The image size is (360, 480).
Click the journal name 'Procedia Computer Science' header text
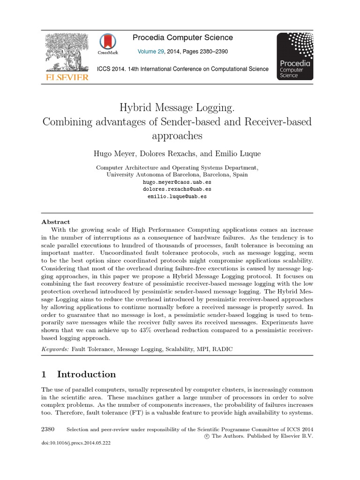(x=183, y=37)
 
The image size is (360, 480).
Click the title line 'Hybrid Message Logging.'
(x=177, y=108)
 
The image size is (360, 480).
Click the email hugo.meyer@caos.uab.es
(x=177, y=182)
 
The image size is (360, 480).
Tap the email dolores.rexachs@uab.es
(x=177, y=189)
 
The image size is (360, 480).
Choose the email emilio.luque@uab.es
(x=177, y=197)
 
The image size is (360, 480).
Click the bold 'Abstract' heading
(x=56, y=222)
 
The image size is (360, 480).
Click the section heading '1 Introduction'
(x=79, y=374)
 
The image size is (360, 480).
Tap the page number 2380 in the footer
(x=48, y=429)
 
